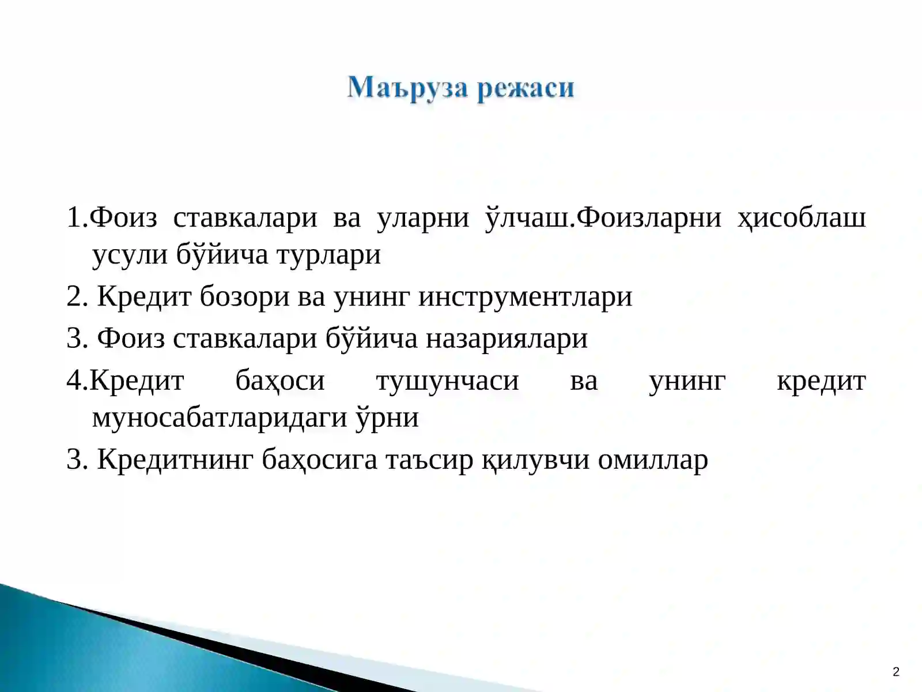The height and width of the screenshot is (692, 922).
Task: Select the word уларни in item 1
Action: pyautogui.click(x=422, y=218)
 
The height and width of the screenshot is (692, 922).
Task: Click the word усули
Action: pyautogui.click(x=130, y=254)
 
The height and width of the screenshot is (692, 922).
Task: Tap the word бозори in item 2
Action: pyautogui.click(x=244, y=297)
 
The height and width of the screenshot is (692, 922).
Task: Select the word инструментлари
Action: pyautogui.click(x=525, y=297)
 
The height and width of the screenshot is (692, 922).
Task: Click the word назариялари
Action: pyautogui.click(x=507, y=339)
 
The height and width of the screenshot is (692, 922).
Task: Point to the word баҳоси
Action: pyautogui.click(x=280, y=381)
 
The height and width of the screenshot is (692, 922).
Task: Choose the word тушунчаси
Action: pyautogui.click(x=447, y=381)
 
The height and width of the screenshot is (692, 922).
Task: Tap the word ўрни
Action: pyautogui.click(x=387, y=418)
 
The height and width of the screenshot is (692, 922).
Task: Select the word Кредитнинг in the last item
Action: pyautogui.click(x=175, y=460)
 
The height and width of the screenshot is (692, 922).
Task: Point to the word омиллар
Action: pyautogui.click(x=652, y=460)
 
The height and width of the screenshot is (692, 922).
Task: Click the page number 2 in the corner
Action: pyautogui.click(x=895, y=672)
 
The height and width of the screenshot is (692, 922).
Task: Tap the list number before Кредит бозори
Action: pyautogui.click(x=77, y=297)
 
